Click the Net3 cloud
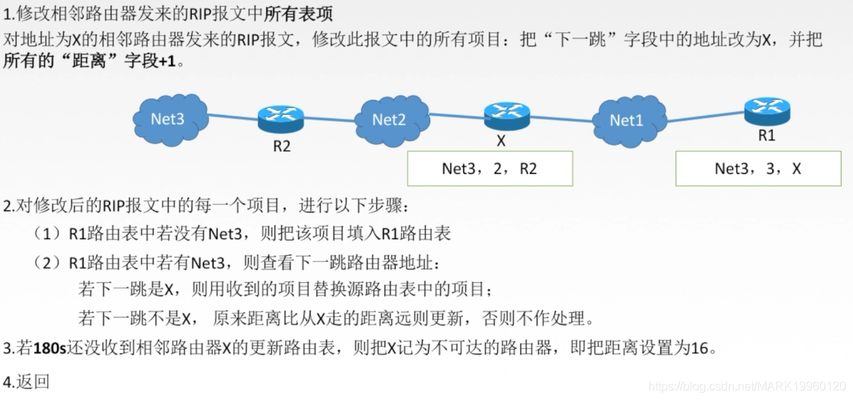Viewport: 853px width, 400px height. coord(168,118)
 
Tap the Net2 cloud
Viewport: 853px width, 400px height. coord(390,119)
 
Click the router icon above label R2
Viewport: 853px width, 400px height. coord(281,118)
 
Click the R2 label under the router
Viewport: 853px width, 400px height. coord(281,146)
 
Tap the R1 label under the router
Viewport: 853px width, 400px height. coord(766,136)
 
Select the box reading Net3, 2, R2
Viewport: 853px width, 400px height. coord(489,169)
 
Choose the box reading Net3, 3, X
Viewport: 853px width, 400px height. coord(758,169)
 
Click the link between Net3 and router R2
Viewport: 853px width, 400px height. coord(232,117)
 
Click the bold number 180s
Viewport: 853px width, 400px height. coord(49,348)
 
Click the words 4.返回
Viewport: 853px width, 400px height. coord(26,381)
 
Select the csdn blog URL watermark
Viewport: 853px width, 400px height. coord(747,386)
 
